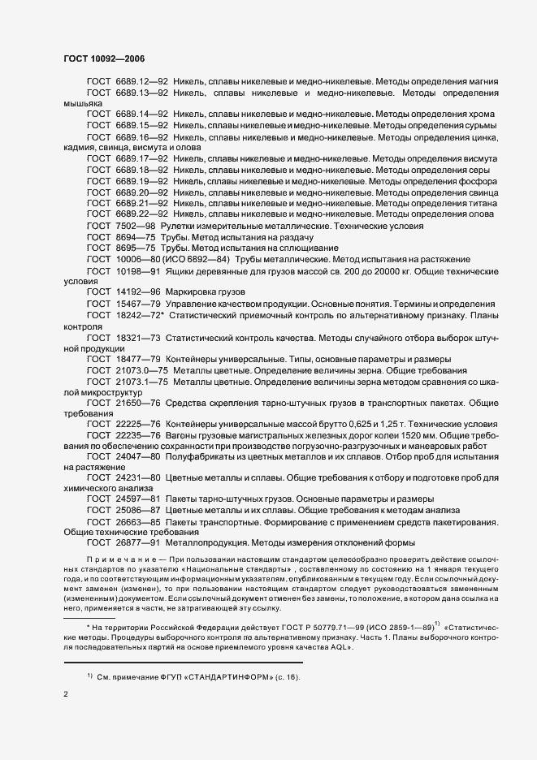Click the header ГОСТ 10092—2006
[104, 58]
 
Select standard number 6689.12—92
[142, 82]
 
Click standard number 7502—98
[135, 225]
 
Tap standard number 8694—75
[135, 235]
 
